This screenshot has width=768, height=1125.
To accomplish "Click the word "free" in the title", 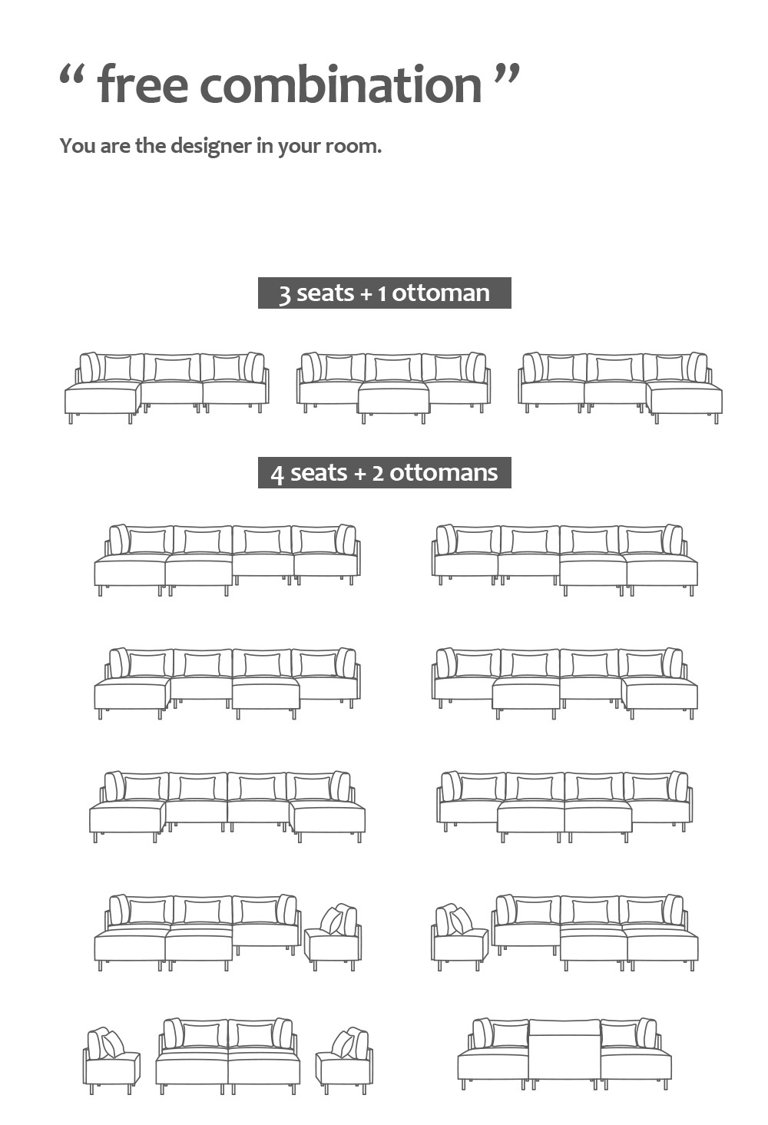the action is point(143,84).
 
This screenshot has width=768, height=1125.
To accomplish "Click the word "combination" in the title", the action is point(341,84).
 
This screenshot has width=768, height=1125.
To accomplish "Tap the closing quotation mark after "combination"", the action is point(506,76).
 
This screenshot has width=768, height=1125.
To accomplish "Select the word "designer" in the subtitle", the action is point(212,146).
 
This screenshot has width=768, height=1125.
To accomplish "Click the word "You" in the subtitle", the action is point(77,146).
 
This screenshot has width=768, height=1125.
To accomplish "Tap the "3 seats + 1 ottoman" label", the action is point(384,293).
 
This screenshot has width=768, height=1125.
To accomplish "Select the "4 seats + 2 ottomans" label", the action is point(384,472).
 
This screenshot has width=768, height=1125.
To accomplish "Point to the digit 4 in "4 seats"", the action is point(277,474).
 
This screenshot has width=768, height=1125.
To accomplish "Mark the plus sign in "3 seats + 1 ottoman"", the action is point(366,294).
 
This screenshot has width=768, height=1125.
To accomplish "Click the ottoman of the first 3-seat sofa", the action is point(102,400).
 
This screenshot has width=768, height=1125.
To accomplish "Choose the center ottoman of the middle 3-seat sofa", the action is point(393,400).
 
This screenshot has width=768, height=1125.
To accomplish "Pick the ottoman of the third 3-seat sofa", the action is point(684,400).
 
